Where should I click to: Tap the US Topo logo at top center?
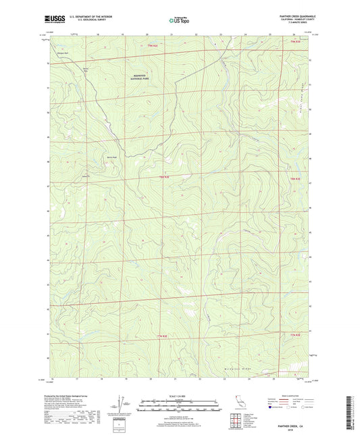[178, 21]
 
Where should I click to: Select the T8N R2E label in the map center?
[163, 177]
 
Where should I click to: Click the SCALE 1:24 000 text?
[180, 396]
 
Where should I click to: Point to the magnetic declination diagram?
[120, 407]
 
